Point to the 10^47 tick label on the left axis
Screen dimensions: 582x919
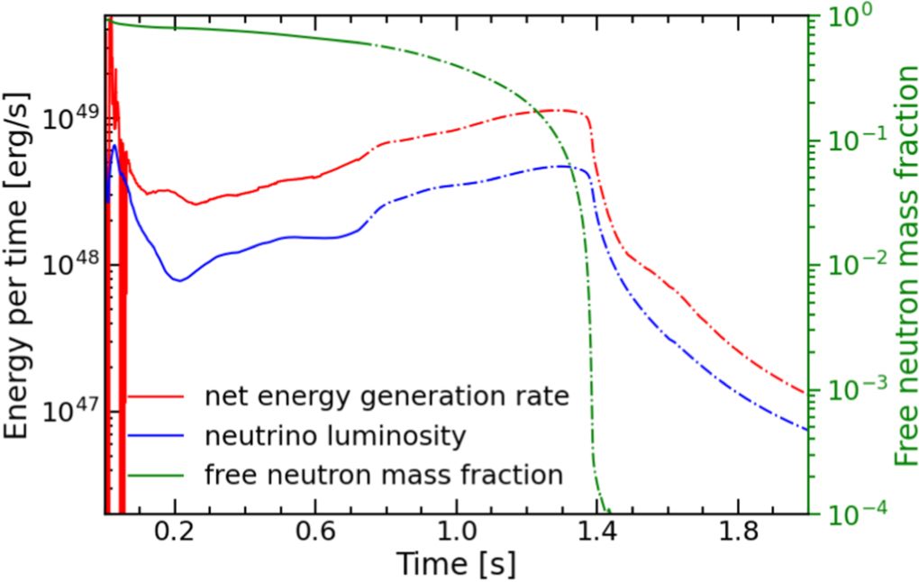pyautogui.click(x=67, y=411)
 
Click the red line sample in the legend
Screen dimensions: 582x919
pyautogui.click(x=155, y=397)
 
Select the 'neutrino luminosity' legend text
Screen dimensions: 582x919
pyautogui.click(x=335, y=436)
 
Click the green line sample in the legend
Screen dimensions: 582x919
pyautogui.click(x=155, y=474)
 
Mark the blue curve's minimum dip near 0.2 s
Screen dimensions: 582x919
pyautogui.click(x=180, y=280)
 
